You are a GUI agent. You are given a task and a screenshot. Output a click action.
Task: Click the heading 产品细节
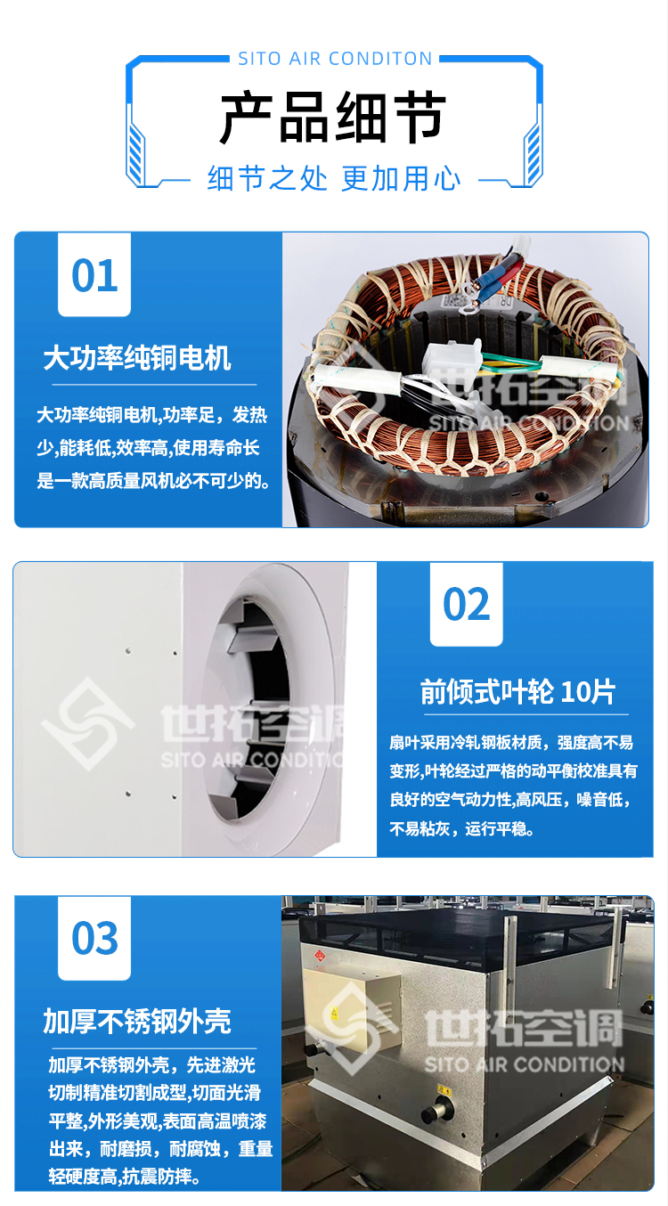333,118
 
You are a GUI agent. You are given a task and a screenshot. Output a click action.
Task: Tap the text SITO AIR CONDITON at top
335,59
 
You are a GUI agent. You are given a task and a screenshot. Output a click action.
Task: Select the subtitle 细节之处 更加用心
334,178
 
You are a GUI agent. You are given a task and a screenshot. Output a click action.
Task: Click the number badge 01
94,275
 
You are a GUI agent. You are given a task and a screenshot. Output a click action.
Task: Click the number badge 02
467,605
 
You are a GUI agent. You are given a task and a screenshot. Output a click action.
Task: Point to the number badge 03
94,939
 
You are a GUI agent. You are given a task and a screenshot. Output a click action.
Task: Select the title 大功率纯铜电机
137,358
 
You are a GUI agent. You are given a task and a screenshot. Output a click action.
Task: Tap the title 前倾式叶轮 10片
517,691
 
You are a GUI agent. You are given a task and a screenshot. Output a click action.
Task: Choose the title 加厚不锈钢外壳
137,1021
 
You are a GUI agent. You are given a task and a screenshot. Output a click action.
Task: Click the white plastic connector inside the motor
452,362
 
